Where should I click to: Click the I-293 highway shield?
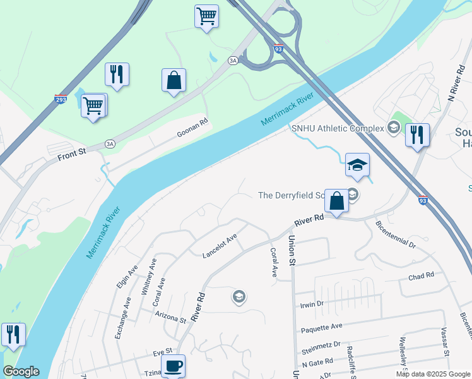point(61,99)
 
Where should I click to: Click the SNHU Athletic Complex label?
point(337,128)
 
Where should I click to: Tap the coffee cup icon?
point(172,365)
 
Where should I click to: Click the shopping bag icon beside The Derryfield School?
point(336,202)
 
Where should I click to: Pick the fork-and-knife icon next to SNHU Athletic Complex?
point(417,135)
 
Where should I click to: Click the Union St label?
point(292,250)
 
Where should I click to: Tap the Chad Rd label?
point(421,276)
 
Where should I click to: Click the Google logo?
point(21,371)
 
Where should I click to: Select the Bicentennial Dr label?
point(395,234)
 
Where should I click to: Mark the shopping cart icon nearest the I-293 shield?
point(93,105)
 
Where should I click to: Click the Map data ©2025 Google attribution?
point(433,374)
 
